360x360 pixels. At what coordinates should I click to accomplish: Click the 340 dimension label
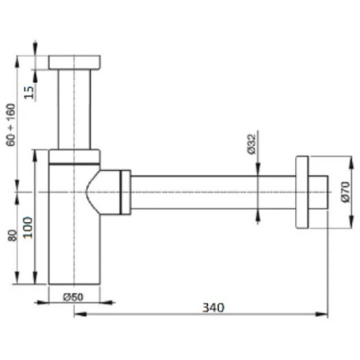pos(213,308)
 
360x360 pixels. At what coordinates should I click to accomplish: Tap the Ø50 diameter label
pos(73,297)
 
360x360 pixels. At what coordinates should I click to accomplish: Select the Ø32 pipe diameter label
pos(251,144)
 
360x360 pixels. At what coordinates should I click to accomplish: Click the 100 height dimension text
pos(29,228)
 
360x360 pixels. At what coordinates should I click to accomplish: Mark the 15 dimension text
pos(29,93)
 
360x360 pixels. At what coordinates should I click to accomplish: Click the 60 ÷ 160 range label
pos(12,124)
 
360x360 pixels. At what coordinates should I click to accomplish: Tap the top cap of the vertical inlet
pos(74,62)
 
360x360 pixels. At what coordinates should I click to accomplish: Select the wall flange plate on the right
pos(302,193)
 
